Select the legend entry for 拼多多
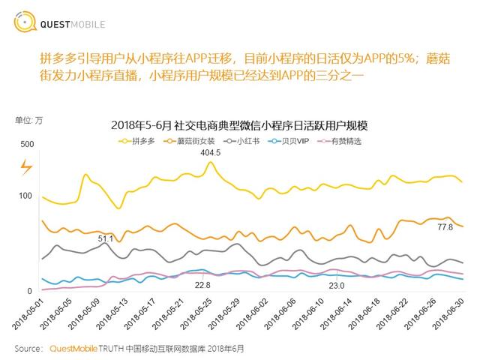pos(143,141)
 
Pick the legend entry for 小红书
pos(245,141)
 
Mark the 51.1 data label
pos(105,238)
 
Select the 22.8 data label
pos(202,285)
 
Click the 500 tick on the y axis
pos(27,144)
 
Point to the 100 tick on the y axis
pos(27,196)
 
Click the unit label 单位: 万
pos(29,120)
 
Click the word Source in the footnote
pos(28,349)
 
